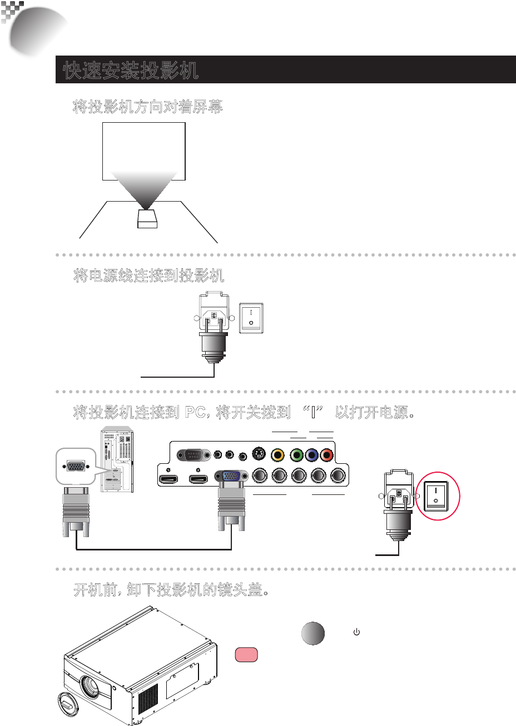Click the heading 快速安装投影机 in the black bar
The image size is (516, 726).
click(131, 71)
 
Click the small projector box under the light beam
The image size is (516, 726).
click(147, 218)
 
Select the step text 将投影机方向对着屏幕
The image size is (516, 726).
click(148, 107)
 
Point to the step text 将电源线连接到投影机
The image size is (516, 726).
click(149, 276)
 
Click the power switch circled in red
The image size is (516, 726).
click(437, 496)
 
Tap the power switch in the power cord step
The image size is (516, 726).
click(251, 318)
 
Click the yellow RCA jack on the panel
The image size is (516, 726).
click(276, 455)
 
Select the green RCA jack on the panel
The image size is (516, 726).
click(297, 455)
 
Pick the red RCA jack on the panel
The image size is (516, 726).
click(327, 455)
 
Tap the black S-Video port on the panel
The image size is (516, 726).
click(257, 454)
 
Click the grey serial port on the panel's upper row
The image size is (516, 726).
click(193, 455)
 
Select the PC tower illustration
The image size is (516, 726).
click(117, 460)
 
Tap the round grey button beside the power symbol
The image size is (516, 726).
click(313, 633)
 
